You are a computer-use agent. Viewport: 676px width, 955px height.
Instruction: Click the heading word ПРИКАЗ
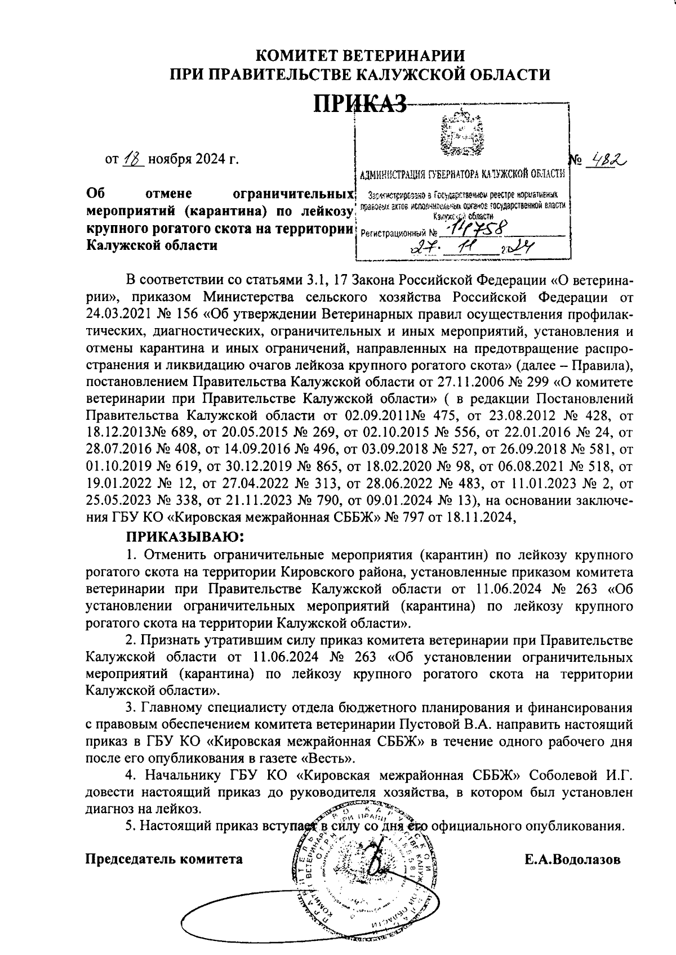tap(360, 103)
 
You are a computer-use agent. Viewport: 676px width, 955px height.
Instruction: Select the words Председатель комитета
tap(164, 859)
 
